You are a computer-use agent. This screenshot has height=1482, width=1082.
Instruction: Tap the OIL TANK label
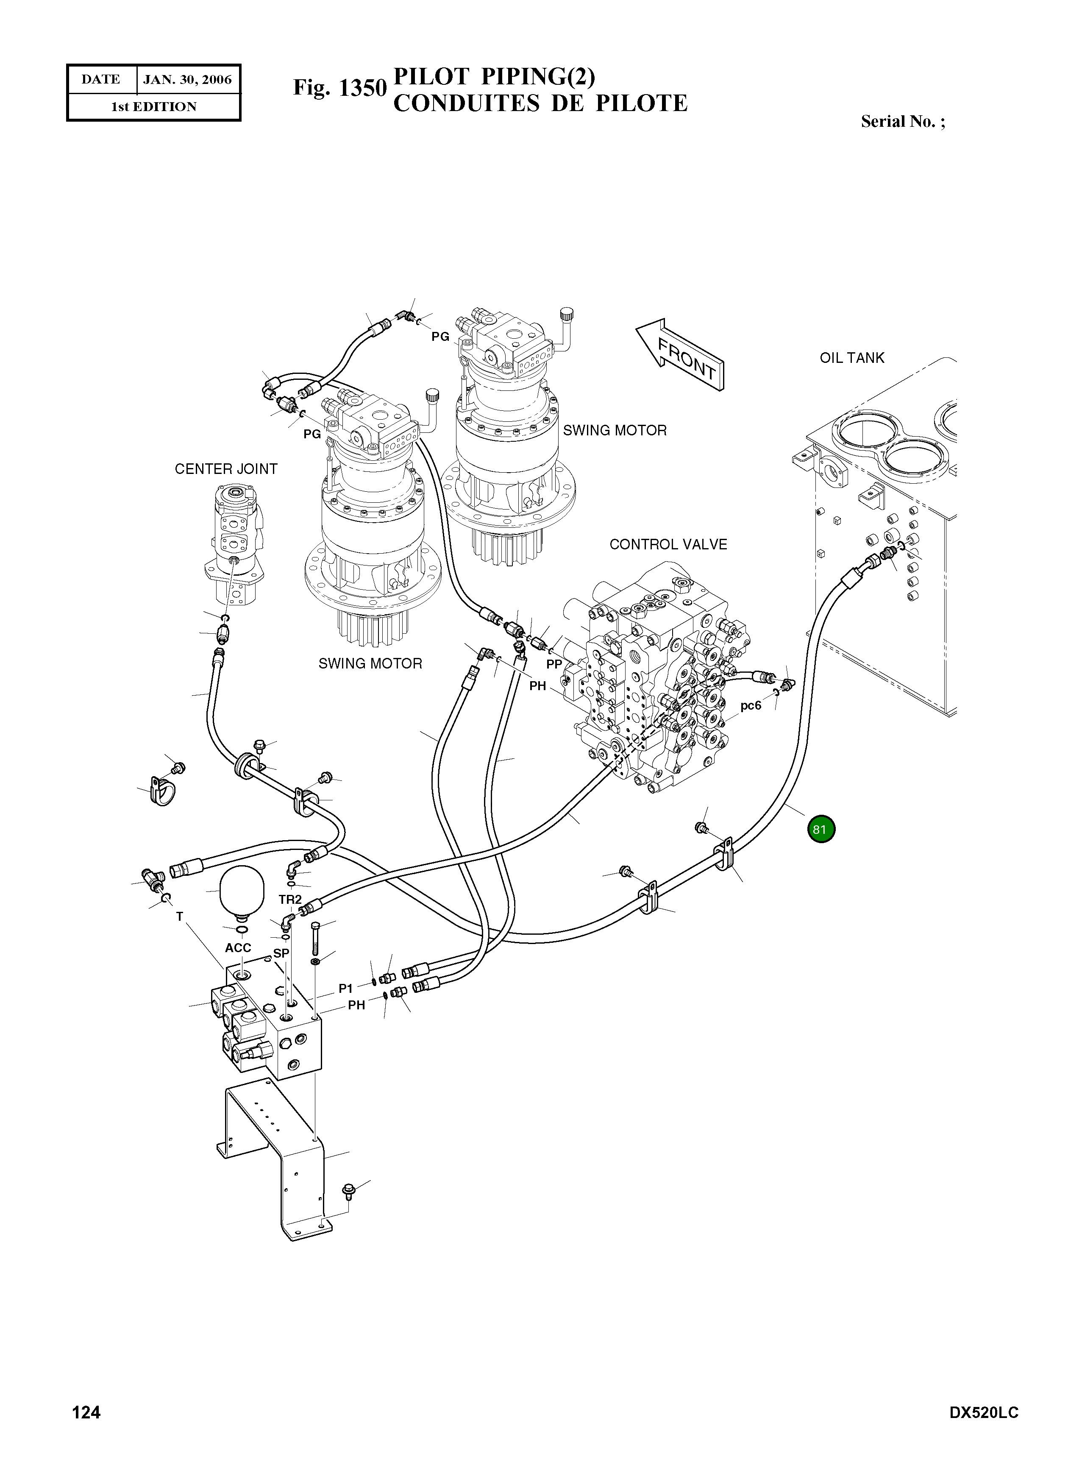(851, 358)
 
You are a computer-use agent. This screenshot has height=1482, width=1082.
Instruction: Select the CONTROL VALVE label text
(668, 544)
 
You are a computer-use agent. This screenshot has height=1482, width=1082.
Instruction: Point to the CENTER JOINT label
(226, 469)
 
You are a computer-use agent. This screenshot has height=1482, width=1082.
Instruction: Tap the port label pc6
(751, 706)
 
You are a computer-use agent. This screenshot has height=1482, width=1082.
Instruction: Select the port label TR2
(290, 900)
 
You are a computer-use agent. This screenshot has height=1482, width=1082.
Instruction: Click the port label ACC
(238, 948)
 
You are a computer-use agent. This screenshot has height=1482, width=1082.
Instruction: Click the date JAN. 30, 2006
(187, 80)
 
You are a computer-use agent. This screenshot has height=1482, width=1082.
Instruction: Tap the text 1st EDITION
(154, 107)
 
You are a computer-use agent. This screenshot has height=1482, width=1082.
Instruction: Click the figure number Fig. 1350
(339, 88)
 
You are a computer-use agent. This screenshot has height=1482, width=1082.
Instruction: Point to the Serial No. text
(903, 121)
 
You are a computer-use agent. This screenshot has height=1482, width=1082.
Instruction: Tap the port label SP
(281, 953)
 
